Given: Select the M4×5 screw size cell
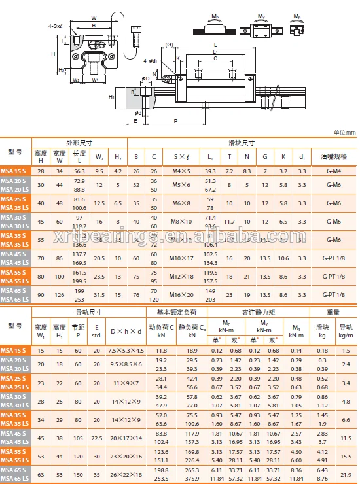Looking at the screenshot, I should tap(180, 171).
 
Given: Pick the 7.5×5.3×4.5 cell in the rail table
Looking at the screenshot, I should tap(126, 351).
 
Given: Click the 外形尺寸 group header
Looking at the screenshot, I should tap(79, 142).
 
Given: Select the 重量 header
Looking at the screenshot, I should tap(333, 312).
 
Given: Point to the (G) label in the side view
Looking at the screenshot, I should tap(169, 44).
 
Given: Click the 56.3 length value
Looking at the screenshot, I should tap(79, 171).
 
